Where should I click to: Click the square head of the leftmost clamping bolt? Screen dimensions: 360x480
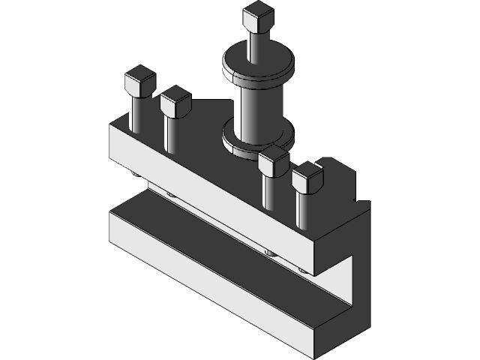click(139, 81)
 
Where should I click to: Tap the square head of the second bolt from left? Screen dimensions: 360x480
click(175, 100)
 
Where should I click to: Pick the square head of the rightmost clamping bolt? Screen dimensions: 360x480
click(307, 178)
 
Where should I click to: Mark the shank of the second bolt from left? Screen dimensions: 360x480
click(171, 133)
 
